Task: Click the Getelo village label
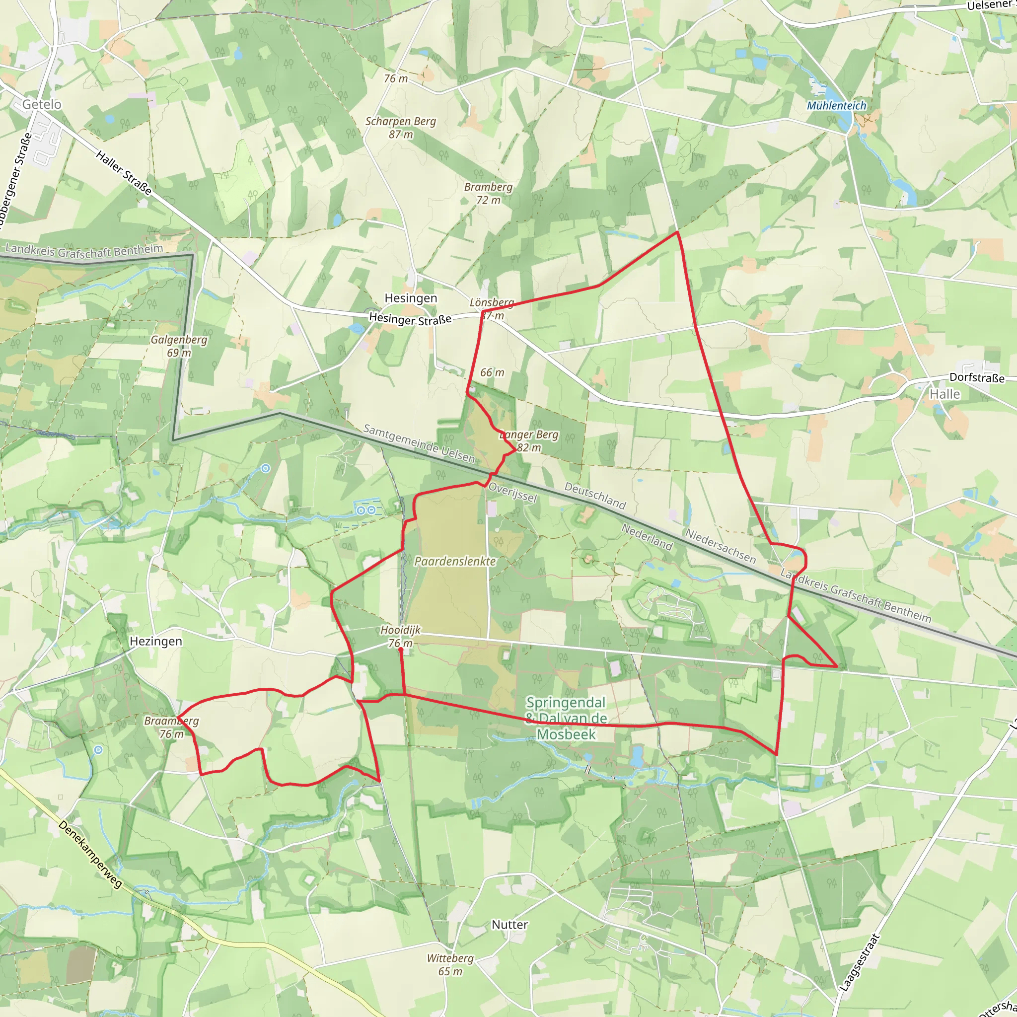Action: point(42,104)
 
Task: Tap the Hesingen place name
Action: point(411,298)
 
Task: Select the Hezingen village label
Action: point(156,641)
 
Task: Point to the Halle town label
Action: point(944,394)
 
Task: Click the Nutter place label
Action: point(509,924)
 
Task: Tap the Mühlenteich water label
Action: point(836,106)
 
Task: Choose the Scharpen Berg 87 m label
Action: point(401,128)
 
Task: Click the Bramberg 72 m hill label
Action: point(488,193)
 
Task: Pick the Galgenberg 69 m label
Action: point(179,346)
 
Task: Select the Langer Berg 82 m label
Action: point(528,441)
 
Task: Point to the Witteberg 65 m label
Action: point(450,964)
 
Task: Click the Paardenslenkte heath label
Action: point(455,562)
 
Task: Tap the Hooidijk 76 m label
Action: point(401,637)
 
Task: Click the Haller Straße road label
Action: point(124,173)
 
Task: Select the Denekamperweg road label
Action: point(90,854)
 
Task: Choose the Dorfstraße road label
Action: point(977,377)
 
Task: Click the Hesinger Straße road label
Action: point(410,319)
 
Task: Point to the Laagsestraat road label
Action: point(860,963)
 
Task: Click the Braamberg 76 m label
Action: point(172,727)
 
